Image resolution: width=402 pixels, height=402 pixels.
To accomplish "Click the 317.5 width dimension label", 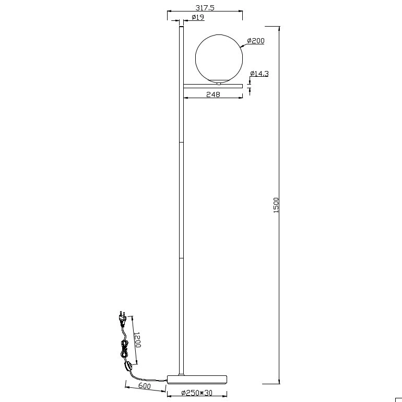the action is pyautogui.click(x=205, y=8).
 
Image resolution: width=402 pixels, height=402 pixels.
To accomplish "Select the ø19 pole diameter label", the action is pyautogui.click(x=198, y=17).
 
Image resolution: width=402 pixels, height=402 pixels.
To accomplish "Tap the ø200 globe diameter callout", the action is pyautogui.click(x=256, y=41).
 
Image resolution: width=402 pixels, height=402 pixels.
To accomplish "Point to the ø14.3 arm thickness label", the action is pyautogui.click(x=259, y=74).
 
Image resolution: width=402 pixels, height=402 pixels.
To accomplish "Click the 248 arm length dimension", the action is pyautogui.click(x=214, y=94).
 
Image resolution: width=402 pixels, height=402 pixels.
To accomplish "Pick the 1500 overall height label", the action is pyautogui.click(x=276, y=205).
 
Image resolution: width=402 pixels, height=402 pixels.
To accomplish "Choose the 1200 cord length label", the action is pyautogui.click(x=137, y=340).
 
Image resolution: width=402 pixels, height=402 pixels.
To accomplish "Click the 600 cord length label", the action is pyautogui.click(x=144, y=386).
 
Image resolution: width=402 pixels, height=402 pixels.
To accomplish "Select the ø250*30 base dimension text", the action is pyautogui.click(x=197, y=393).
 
